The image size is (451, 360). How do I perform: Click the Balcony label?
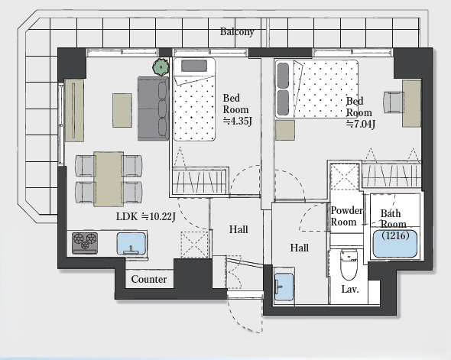[x=237, y=31]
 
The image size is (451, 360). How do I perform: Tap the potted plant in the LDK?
[x=161, y=67]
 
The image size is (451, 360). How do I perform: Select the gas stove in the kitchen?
[x=85, y=243]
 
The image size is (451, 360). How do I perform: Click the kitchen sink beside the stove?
[x=131, y=244]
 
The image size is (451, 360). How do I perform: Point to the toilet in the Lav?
[x=349, y=264]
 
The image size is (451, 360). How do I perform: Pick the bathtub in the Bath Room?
[x=395, y=244]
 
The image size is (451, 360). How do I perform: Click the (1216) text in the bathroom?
[x=395, y=236]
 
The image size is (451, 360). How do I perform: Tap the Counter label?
[x=149, y=279]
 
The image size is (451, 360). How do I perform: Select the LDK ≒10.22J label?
[x=146, y=216]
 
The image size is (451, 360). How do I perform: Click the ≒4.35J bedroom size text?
[x=238, y=122]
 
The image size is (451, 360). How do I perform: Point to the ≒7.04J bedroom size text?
[x=361, y=125]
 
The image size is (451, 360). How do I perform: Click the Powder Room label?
[x=346, y=216]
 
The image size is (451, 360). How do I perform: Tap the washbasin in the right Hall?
[x=284, y=287]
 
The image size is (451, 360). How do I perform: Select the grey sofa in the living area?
[x=153, y=109]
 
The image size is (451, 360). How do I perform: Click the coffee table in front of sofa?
[x=122, y=110]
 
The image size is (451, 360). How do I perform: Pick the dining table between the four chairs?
[x=109, y=179]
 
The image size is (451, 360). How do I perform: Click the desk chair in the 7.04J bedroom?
[x=393, y=102]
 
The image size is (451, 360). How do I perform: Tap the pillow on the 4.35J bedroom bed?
[x=194, y=66]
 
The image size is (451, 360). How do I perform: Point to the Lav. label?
[x=350, y=289]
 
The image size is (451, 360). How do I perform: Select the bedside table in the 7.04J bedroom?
[x=285, y=130]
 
